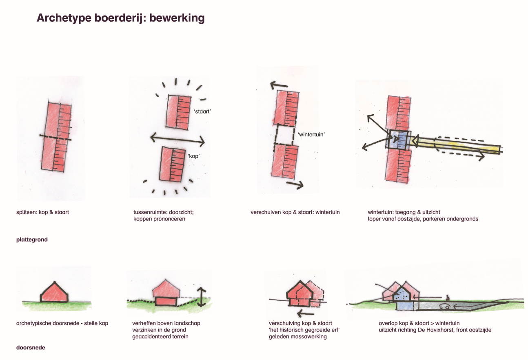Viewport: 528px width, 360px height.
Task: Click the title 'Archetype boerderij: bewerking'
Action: click(120, 18)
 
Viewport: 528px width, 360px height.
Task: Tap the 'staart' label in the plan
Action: click(202, 111)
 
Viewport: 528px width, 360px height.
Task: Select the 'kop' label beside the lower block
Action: click(194, 156)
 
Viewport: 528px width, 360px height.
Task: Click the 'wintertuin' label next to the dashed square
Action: click(311, 134)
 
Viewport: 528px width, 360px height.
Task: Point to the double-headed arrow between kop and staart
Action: click(177, 140)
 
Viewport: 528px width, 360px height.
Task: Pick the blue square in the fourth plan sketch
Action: click(399, 140)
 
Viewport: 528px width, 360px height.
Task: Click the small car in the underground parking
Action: click(444, 306)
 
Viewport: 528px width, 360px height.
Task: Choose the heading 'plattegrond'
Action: click(32, 240)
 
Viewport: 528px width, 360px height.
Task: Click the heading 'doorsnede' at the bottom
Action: click(31, 348)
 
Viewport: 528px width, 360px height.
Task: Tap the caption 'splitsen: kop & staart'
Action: click(42, 212)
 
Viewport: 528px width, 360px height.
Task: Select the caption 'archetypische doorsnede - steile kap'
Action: click(62, 323)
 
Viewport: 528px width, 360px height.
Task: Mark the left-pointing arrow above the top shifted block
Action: click(279, 85)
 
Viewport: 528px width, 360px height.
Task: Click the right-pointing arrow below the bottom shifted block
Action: click(295, 185)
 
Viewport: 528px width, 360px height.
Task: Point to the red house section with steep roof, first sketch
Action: click(54, 292)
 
